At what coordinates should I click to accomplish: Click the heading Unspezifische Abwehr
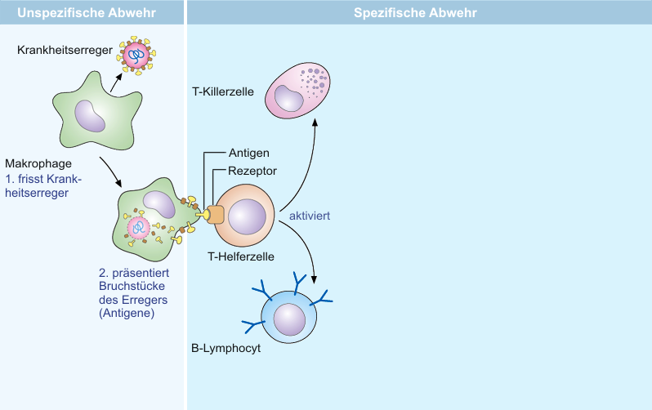[x=87, y=12]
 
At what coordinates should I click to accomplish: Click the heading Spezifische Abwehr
[x=415, y=12]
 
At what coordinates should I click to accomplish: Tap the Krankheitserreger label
[x=65, y=50]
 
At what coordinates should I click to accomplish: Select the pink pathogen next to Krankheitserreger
[x=136, y=56]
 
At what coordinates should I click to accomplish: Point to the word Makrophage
[x=38, y=163]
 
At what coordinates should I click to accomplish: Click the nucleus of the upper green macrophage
[x=90, y=116]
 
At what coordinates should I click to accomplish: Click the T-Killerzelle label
[x=223, y=91]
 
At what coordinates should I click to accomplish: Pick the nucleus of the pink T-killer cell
[x=289, y=98]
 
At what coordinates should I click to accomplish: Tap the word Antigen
[x=249, y=153]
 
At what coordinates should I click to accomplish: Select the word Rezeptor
[x=252, y=171]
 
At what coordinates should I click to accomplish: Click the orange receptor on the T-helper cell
[x=216, y=215]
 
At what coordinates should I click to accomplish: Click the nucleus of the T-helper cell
[x=247, y=216]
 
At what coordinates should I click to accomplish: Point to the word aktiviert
[x=310, y=216]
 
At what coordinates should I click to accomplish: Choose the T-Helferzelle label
[x=241, y=256]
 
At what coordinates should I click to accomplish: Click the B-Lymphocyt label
[x=226, y=348]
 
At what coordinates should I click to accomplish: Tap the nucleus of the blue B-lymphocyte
[x=289, y=319]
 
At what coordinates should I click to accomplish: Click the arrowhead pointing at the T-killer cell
[x=315, y=123]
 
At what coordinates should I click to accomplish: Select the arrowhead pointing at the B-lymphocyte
[x=314, y=279]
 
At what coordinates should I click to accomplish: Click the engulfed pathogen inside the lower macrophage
[x=138, y=227]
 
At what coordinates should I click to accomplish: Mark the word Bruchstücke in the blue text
[x=132, y=286]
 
